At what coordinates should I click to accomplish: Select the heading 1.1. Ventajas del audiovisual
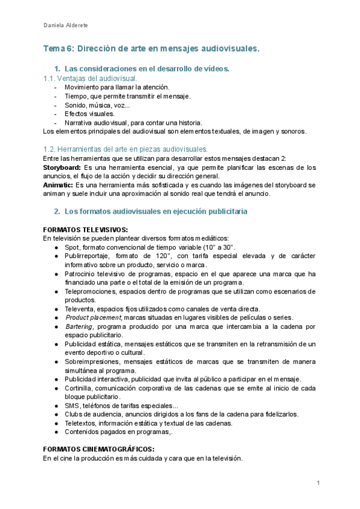click(x=90, y=79)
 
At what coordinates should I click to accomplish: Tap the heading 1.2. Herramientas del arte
click(x=126, y=149)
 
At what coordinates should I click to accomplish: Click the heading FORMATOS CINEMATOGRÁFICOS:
click(x=99, y=449)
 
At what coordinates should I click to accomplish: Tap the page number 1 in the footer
click(x=318, y=483)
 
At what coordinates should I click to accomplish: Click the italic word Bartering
click(x=79, y=326)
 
